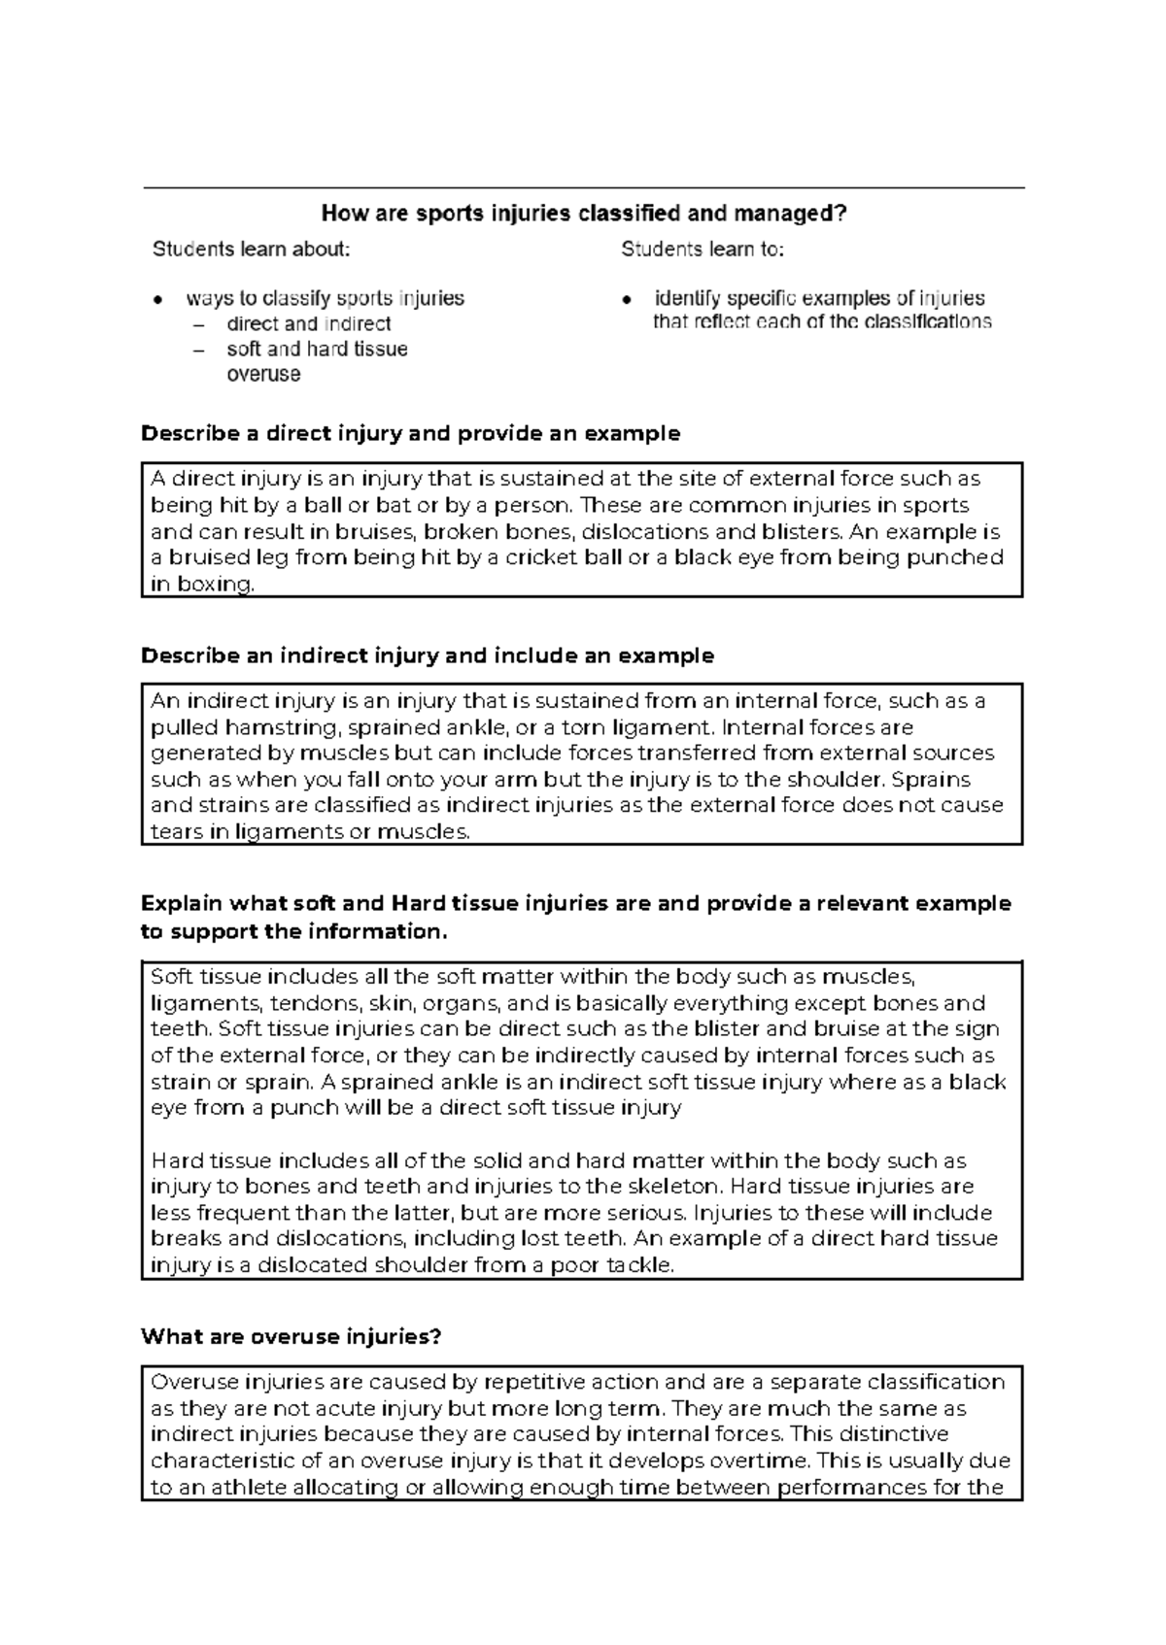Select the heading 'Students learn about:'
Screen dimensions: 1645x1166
(251, 250)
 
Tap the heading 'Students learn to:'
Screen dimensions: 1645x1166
(703, 250)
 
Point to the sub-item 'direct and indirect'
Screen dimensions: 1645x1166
(308, 324)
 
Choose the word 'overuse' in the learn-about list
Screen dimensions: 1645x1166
(263, 375)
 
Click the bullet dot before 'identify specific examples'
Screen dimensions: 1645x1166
(628, 299)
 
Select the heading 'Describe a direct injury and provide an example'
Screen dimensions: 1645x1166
(410, 433)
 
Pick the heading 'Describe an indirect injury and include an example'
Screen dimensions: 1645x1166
(428, 655)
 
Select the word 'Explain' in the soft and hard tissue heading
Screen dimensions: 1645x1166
(181, 903)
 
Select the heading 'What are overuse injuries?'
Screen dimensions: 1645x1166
(291, 1337)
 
